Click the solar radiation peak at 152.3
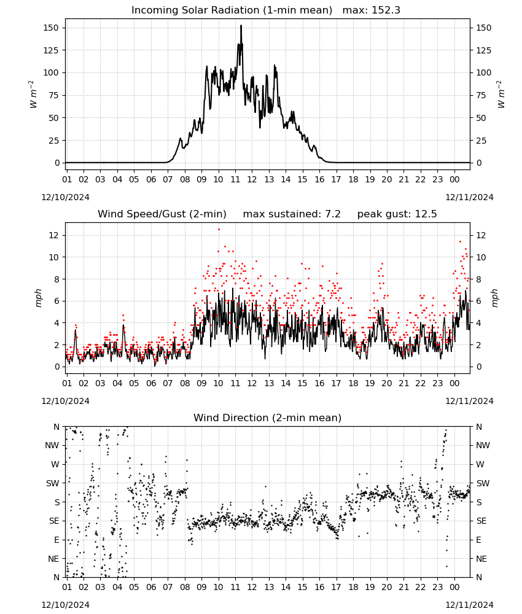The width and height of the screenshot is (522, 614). coord(241,25)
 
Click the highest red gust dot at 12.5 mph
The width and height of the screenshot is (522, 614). coord(219,230)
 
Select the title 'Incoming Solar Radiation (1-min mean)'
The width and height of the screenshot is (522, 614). coord(232,10)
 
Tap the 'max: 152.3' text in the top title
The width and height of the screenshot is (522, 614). coord(372,10)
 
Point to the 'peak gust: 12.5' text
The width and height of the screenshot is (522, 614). coord(397,214)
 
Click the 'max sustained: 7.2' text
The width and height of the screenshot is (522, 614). coord(292,214)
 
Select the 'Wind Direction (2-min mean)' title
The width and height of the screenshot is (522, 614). coord(268,418)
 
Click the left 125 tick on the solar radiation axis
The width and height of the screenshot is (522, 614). coord(52,50)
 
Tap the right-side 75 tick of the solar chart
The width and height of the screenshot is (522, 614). coord(481,96)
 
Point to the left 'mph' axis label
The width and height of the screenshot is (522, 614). coord(38,298)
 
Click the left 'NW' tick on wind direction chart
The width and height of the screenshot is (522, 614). coord(52,446)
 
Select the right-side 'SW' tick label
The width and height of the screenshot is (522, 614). coord(483,484)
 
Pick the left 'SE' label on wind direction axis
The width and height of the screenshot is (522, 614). coord(54,521)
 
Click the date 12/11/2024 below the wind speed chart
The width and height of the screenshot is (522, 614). coord(469,402)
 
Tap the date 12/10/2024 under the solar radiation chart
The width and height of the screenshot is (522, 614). coord(65,197)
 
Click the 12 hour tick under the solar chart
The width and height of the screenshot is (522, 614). coord(252,180)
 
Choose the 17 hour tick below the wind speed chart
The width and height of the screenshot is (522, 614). coord(336,383)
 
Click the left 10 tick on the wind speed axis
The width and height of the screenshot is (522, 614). coord(54,258)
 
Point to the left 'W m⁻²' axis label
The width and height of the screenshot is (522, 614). coord(33,95)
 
